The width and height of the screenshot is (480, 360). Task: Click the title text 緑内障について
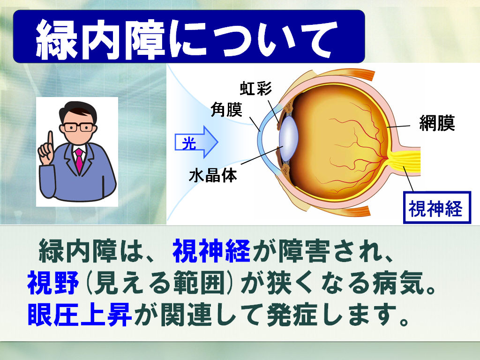pos(186,39)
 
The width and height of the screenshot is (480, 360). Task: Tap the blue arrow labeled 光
pos(196,142)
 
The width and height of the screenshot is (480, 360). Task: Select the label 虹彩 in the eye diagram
pos(255,89)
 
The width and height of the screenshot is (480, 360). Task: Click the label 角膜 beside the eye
pos(226,109)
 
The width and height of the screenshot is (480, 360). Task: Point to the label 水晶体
pos(213,176)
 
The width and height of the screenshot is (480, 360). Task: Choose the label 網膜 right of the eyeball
pos(437,123)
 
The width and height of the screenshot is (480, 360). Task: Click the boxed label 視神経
pos(437,208)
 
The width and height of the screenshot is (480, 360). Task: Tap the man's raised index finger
pos(50,140)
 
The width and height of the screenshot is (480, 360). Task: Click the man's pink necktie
pos(79,160)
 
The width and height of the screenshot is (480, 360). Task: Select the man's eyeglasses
pos(78,127)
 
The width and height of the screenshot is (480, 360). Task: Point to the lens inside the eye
pos(288,138)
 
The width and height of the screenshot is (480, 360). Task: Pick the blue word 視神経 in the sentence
pos(212,252)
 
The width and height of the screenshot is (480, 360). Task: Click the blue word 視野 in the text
pos(53,283)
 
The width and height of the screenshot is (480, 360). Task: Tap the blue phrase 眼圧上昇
pos(80,315)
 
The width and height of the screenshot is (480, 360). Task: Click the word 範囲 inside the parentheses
pos(199,283)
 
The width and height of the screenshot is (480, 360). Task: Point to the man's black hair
pos(78,110)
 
